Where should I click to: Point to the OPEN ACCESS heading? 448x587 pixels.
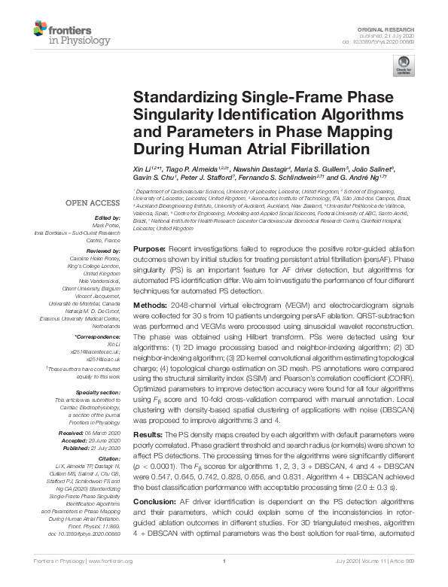(87, 203)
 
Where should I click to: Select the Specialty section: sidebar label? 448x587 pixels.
(99, 392)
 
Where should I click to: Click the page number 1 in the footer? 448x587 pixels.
(224, 582)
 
